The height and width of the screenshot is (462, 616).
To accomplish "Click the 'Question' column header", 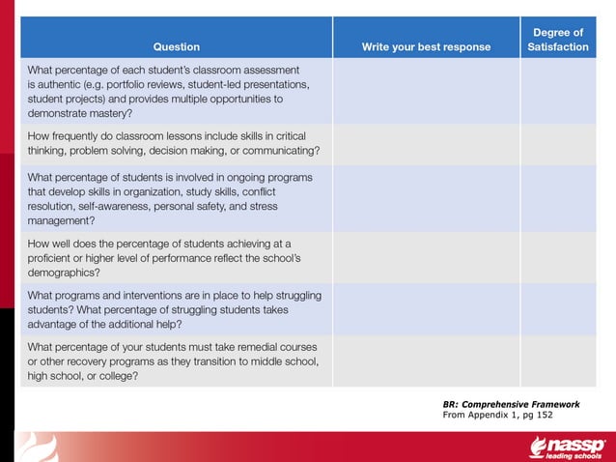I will pyautogui.click(x=176, y=46).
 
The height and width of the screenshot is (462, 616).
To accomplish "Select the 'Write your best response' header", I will pyautogui.click(x=426, y=46).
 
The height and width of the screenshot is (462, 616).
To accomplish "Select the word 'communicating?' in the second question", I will pyautogui.click(x=280, y=151).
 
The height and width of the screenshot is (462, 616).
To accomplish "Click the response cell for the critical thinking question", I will pyautogui.click(x=426, y=144).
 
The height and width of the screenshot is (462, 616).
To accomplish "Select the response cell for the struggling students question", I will pyautogui.click(x=426, y=308).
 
